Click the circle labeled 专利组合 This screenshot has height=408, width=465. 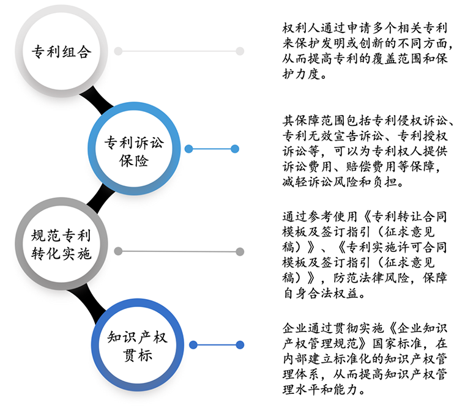61,51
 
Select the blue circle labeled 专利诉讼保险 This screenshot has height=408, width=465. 134,148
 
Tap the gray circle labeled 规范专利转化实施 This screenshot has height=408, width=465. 61,243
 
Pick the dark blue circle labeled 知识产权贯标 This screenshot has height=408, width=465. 138,345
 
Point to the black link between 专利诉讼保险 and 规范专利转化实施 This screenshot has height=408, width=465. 100,198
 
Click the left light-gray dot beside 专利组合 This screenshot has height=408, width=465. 118,51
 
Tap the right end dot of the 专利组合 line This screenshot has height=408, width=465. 240,51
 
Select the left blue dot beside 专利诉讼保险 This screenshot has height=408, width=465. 188,149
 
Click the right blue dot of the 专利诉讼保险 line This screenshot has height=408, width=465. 235,149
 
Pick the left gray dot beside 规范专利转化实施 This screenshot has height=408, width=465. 118,251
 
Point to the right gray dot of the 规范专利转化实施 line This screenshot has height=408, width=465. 240,252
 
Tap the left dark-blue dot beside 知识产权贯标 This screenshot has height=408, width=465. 193,345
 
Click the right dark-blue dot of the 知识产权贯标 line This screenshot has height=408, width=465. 240,345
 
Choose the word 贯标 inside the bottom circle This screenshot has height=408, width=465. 138,355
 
